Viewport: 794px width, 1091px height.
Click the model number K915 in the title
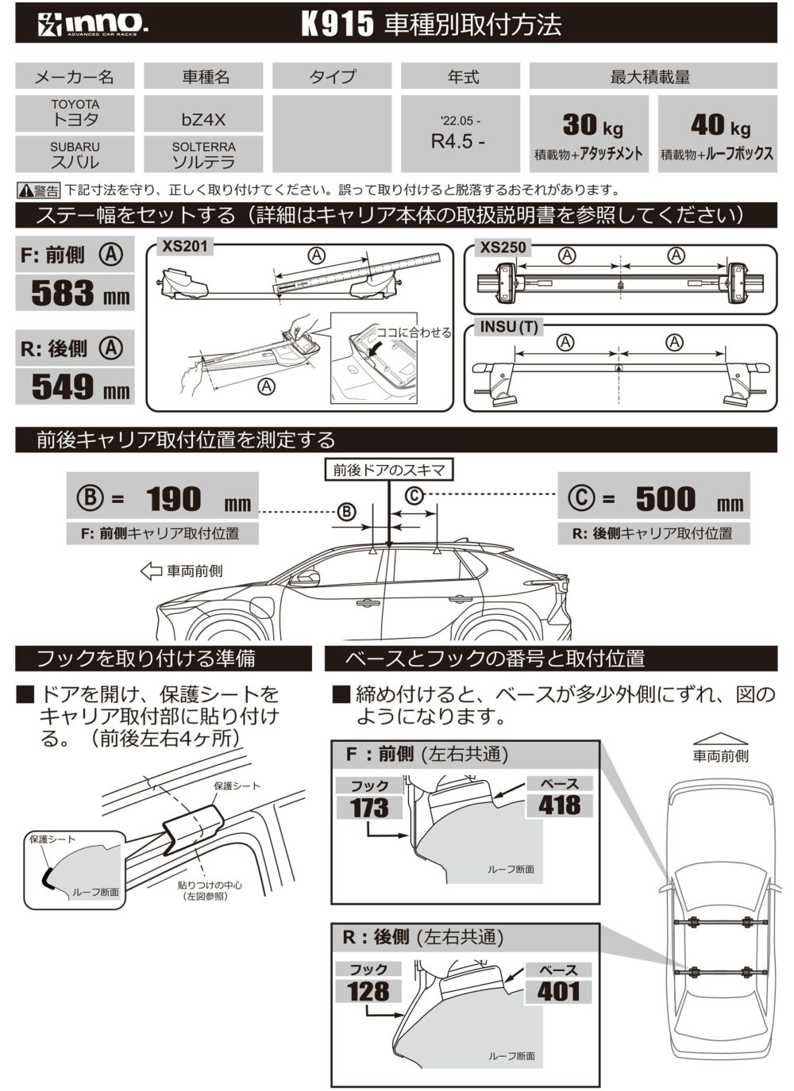337,24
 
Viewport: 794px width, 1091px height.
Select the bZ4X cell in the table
203,120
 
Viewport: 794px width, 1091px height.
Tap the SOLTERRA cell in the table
203,155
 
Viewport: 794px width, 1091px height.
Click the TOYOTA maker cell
75,113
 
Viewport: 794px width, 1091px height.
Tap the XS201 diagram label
184,247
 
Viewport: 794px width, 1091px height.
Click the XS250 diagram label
503,248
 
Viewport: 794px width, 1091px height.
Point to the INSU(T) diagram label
509,327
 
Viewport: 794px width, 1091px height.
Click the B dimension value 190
174,499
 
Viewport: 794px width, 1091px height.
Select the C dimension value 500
665,499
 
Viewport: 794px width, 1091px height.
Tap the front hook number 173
369,808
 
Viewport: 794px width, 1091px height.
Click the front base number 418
559,805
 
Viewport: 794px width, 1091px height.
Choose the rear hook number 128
368,991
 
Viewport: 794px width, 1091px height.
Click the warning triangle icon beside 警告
25,190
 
